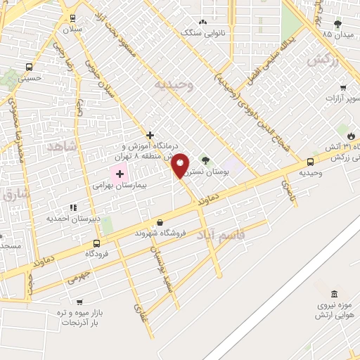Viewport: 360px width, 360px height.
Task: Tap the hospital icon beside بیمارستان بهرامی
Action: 120,174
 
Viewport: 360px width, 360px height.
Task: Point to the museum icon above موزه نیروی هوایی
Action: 333,292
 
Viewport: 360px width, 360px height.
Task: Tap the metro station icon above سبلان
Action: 72,18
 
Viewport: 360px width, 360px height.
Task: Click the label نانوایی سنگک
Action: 204,32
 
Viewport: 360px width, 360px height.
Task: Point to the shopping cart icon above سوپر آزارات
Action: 342,88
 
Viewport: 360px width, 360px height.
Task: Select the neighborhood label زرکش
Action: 323,60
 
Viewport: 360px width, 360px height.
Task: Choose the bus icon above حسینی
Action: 28,67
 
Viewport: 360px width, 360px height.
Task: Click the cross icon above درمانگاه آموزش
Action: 150,134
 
